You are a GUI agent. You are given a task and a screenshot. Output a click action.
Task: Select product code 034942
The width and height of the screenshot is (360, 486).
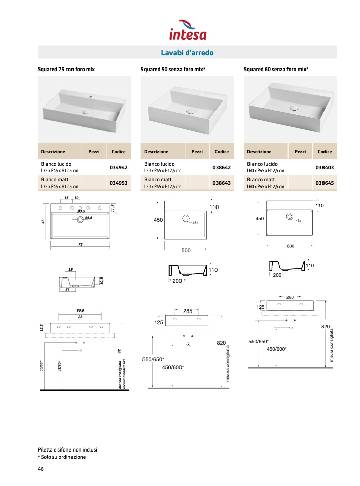[x=118, y=167]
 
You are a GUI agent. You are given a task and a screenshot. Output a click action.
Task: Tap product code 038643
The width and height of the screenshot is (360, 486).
[x=222, y=183]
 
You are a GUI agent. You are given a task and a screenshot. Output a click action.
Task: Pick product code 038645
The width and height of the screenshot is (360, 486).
[x=325, y=183]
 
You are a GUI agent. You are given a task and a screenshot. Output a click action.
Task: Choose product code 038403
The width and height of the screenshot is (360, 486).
[x=325, y=167]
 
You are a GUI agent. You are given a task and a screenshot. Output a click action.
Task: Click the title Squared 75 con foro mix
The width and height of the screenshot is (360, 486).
[x=66, y=68]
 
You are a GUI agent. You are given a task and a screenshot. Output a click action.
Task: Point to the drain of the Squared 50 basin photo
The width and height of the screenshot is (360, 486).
[x=191, y=111]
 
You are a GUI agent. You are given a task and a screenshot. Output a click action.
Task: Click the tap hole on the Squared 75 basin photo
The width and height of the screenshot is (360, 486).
[x=92, y=96]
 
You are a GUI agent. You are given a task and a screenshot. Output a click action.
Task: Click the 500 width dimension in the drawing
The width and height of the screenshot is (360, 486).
[x=186, y=250]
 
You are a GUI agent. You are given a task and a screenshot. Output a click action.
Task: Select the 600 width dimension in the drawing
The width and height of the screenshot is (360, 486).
[x=290, y=246]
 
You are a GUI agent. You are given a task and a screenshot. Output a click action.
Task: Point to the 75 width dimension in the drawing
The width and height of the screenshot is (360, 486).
[x=80, y=245]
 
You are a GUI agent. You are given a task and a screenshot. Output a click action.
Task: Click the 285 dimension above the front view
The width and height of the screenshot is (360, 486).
[x=188, y=311]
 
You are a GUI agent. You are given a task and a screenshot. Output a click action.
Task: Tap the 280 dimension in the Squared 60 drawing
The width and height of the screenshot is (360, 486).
[x=290, y=297]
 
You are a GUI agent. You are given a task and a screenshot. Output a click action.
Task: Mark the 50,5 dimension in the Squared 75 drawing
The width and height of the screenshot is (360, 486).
[x=80, y=310]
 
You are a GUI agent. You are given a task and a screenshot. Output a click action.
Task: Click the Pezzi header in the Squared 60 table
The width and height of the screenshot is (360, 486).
[x=300, y=151]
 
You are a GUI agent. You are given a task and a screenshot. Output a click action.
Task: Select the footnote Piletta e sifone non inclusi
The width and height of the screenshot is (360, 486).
[x=67, y=449]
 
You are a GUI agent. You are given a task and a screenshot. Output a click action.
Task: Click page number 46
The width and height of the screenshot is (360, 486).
[x=41, y=469]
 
